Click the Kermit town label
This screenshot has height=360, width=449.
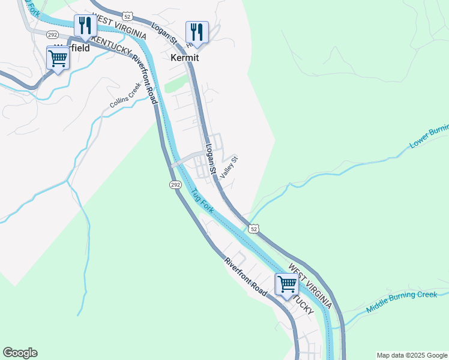(x=184, y=59)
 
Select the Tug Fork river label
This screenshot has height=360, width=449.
(x=202, y=200)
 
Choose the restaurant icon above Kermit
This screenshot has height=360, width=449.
(x=197, y=31)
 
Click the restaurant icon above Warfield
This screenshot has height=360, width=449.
(x=85, y=25)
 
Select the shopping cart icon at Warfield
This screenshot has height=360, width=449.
(x=58, y=58)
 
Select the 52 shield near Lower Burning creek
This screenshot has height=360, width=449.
(x=255, y=229)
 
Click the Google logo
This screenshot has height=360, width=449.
(x=20, y=353)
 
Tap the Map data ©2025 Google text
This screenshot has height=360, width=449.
(x=412, y=355)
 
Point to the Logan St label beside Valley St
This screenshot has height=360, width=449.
(x=209, y=155)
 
